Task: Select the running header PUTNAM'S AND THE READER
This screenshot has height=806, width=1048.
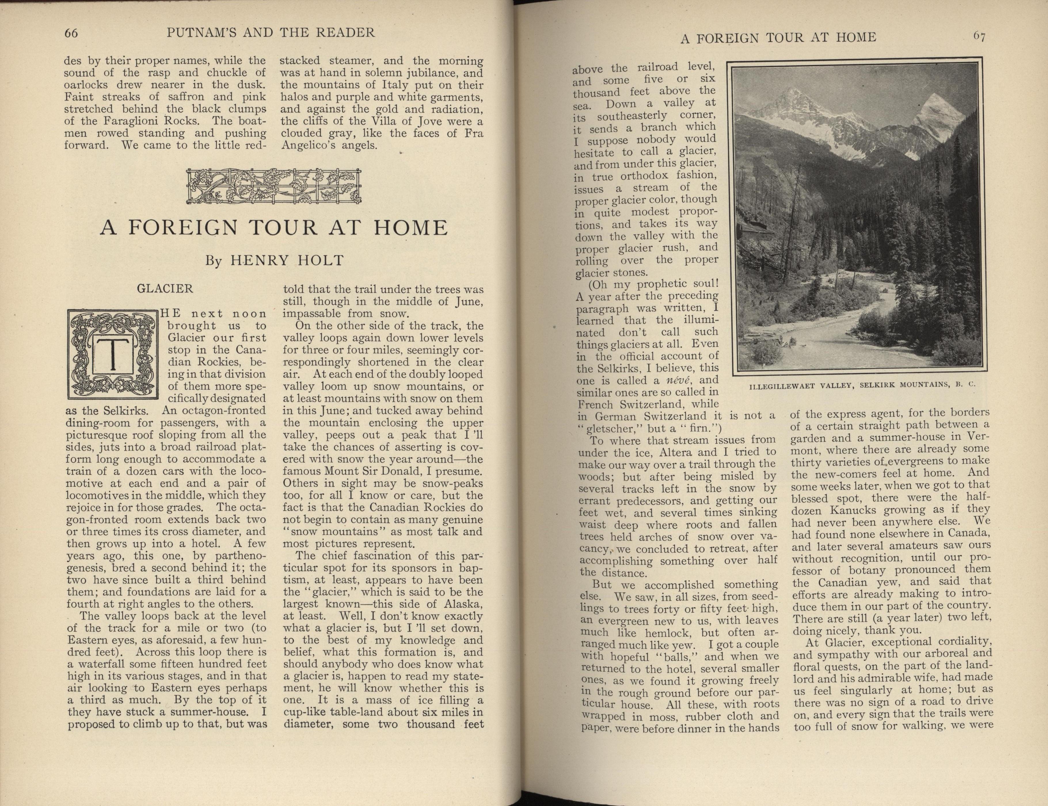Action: [x=271, y=33]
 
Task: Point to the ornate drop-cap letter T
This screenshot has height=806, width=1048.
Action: [x=113, y=354]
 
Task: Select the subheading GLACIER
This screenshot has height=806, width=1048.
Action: [x=165, y=289]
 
